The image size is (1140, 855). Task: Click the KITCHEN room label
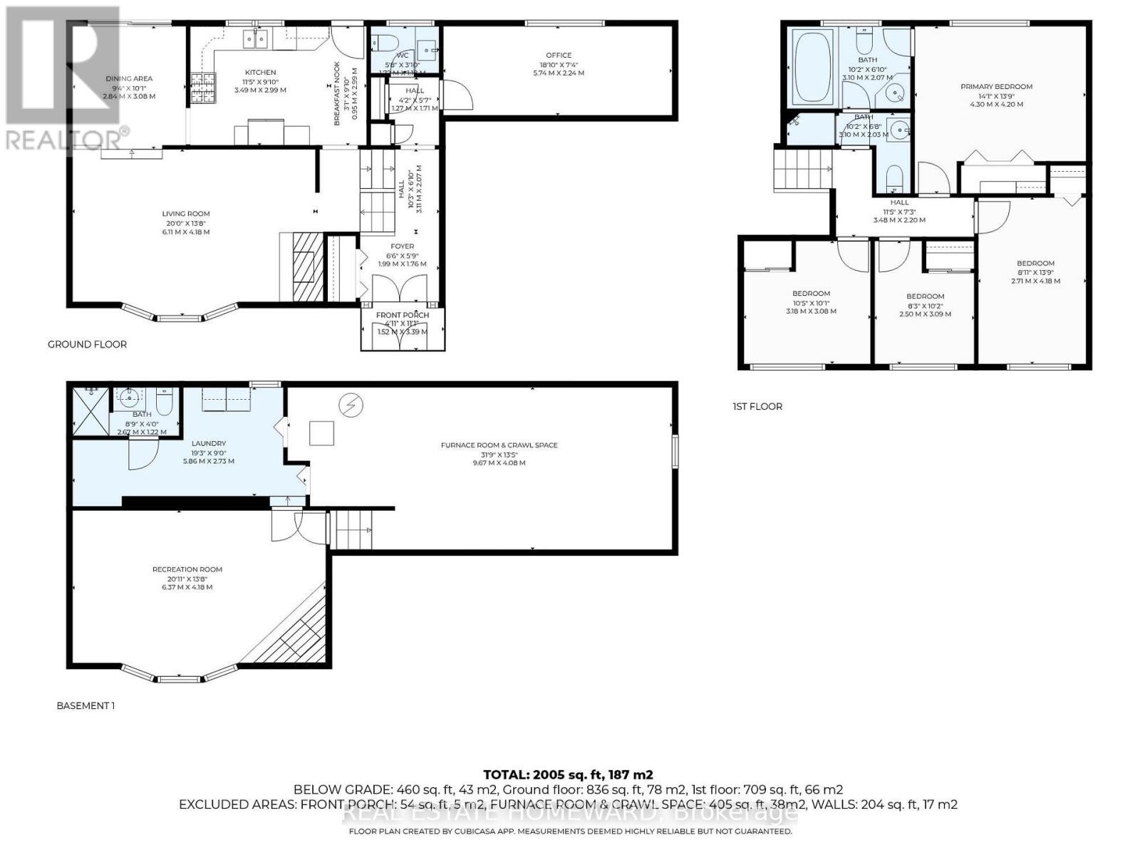(260, 72)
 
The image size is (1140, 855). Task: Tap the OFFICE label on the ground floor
(559, 56)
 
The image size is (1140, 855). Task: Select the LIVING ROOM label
(185, 214)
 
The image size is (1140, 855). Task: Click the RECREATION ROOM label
(187, 569)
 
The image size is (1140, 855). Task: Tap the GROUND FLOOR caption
(87, 345)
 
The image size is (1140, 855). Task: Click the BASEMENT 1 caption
(85, 706)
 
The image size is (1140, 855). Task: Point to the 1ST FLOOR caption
(757, 407)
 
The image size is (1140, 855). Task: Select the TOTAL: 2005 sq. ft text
(568, 774)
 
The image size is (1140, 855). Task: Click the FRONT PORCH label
(403, 315)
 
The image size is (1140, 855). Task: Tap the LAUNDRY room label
(208, 443)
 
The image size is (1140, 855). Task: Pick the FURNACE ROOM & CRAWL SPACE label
(499, 445)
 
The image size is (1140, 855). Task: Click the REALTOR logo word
(64, 139)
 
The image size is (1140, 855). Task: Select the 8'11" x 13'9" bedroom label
(1035, 264)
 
